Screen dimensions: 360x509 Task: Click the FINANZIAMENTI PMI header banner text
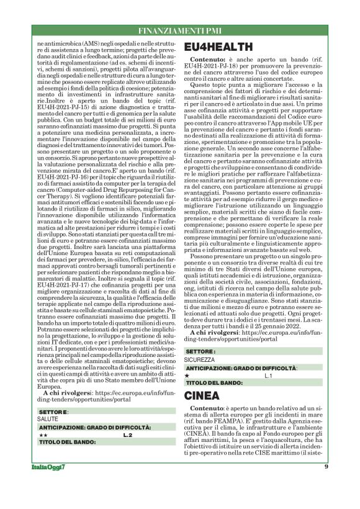tap(179, 30)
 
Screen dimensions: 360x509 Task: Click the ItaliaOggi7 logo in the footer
tap(46, 484)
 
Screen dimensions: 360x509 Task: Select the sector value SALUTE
tap(48, 419)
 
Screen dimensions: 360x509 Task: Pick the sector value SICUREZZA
tap(200, 359)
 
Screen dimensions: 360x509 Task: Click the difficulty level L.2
tap(127, 436)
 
